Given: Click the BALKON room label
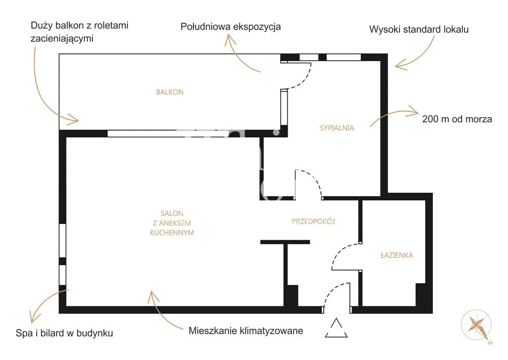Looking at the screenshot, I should pos(170,92).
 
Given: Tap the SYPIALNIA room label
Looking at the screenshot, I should pos(337,128).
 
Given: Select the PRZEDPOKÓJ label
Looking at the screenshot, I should pos(313,221).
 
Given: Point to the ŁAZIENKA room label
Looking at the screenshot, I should pos(397,255).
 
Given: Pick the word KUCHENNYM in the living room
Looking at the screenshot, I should pos(172,232).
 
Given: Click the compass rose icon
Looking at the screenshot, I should pos(477,325).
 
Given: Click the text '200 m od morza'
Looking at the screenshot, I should pos(457,119).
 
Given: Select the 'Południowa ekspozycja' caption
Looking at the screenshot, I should pos(231,27).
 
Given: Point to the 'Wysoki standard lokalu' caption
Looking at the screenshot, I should pos(419,29).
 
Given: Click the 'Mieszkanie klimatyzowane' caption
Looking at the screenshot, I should pos(246,331).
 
